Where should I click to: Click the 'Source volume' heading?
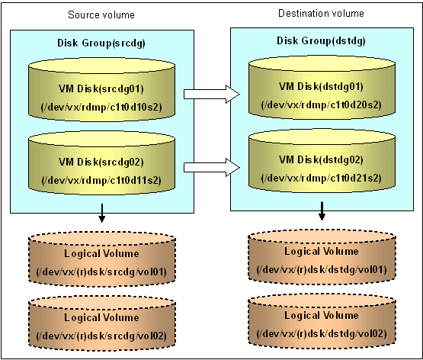click(x=101, y=14)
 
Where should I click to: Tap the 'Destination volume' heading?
click(x=321, y=13)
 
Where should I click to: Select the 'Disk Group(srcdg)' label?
click(x=101, y=43)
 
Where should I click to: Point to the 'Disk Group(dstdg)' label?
click(x=321, y=40)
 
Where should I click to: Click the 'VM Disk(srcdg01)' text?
click(x=101, y=88)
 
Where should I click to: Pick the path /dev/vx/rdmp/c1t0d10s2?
click(x=101, y=107)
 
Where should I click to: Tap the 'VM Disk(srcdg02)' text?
click(x=101, y=162)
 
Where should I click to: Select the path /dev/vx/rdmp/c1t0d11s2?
click(x=101, y=180)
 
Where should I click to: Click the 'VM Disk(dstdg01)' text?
click(x=321, y=87)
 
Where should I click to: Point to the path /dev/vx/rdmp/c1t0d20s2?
click(x=322, y=104)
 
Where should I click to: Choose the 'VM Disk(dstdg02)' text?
click(x=321, y=159)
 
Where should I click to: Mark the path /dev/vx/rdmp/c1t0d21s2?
click(x=322, y=178)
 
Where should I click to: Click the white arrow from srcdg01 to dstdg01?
click(x=212, y=94)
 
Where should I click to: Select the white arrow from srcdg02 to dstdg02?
click(x=212, y=167)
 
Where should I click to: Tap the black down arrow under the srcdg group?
click(x=101, y=214)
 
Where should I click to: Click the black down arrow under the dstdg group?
click(x=322, y=211)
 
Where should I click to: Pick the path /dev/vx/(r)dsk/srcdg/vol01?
click(x=101, y=272)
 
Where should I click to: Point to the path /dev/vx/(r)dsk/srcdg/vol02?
click(x=101, y=336)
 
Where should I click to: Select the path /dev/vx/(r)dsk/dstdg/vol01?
click(x=322, y=269)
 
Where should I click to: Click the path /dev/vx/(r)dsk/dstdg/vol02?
click(x=322, y=334)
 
